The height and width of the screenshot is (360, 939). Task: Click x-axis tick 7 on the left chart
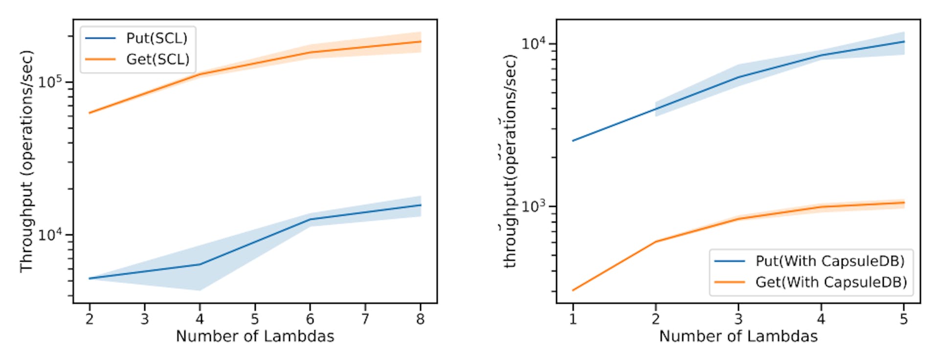(x=365, y=319)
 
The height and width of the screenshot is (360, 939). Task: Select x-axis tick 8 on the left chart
(x=420, y=319)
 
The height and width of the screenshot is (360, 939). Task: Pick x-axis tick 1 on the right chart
(x=573, y=319)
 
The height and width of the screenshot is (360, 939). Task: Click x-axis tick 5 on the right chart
(x=904, y=319)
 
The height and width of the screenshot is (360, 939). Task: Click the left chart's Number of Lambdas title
(x=255, y=337)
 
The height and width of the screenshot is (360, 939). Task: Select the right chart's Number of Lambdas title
(x=738, y=337)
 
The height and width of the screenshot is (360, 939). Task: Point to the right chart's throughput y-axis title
(x=510, y=161)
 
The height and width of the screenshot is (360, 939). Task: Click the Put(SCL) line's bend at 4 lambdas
(x=200, y=265)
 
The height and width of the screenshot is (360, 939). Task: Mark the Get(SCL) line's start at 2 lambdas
(x=89, y=113)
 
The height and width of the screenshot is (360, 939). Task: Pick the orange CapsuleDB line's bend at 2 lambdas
(x=655, y=242)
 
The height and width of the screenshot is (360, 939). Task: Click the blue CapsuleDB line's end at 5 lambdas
(x=904, y=42)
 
